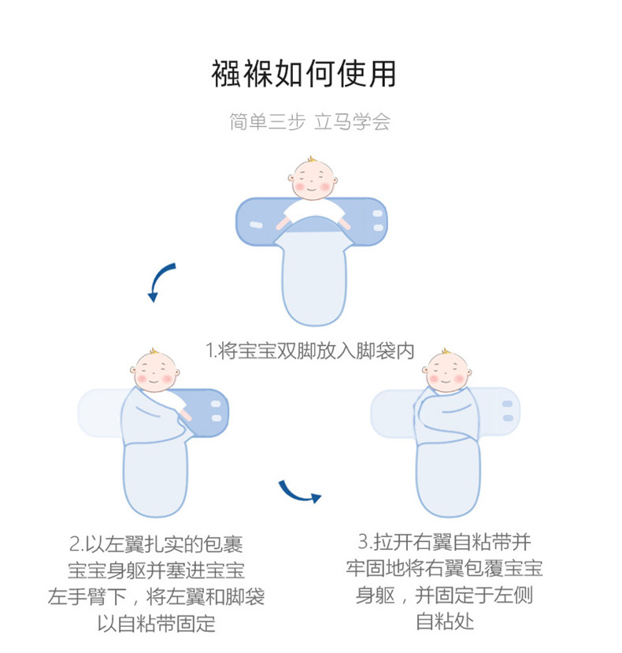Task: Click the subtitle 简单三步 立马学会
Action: click(x=309, y=123)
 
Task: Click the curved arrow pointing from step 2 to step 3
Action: click(x=299, y=493)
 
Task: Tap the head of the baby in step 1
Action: click(x=312, y=179)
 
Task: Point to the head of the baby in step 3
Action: click(x=446, y=369)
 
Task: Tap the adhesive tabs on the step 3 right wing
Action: click(x=508, y=410)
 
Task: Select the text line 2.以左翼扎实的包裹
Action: click(x=156, y=544)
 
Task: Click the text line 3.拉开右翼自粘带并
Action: click(x=444, y=543)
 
